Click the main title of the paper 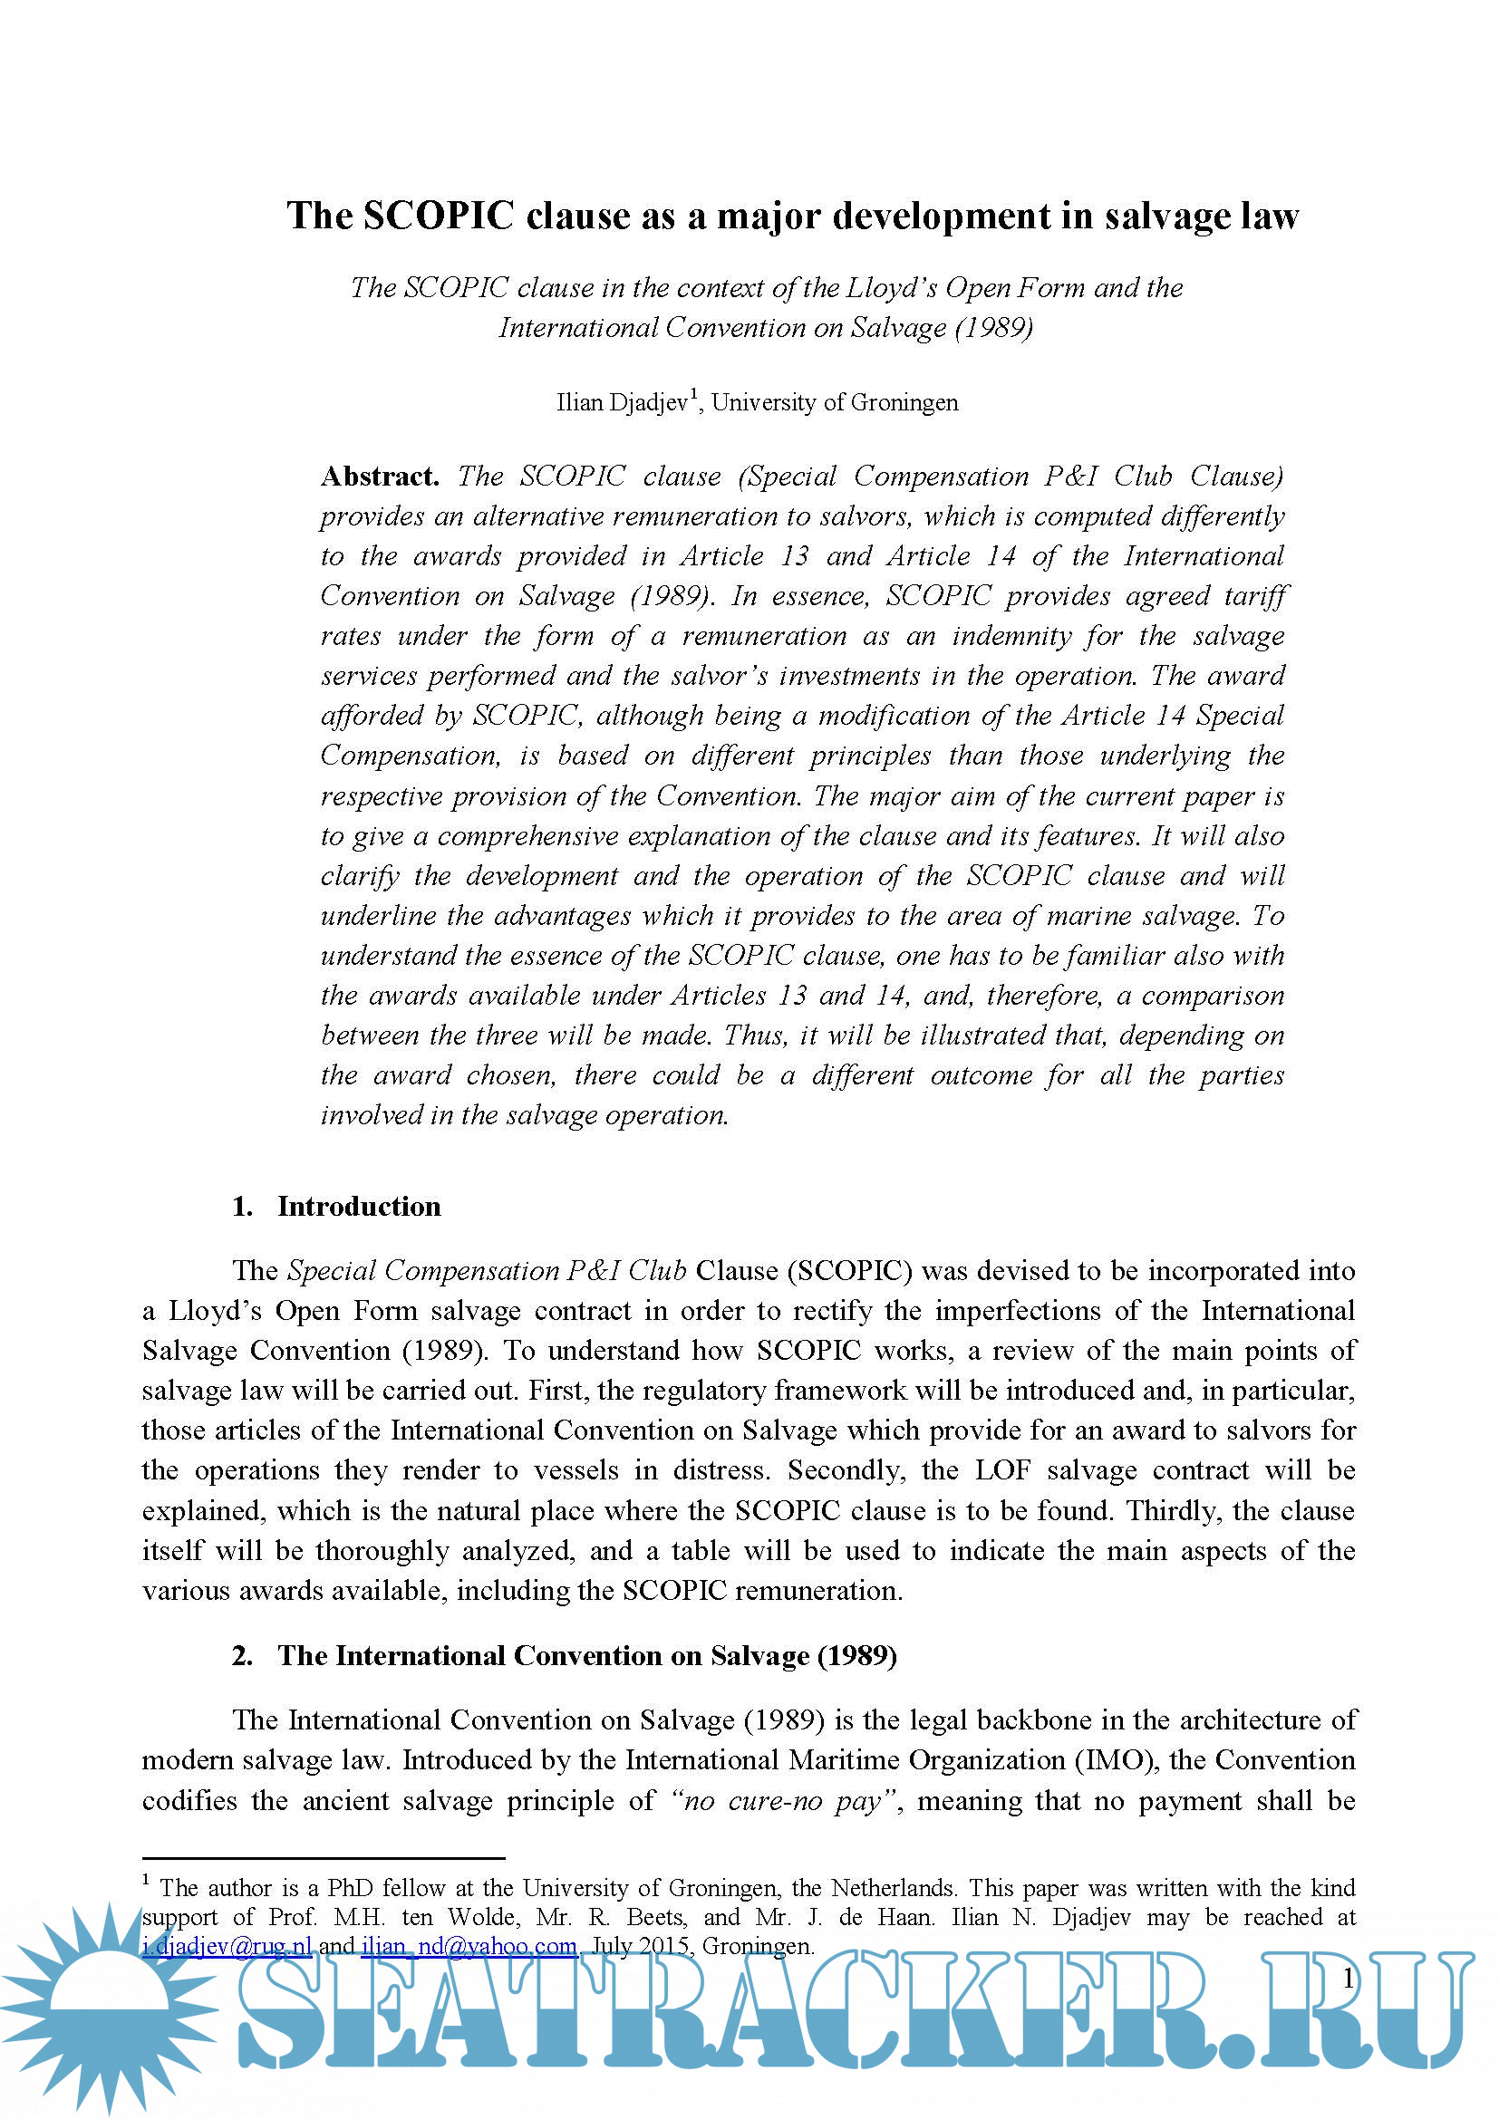792,216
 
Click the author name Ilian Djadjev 621,402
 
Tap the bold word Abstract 380,477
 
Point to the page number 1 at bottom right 1348,1978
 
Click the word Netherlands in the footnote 892,1888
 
